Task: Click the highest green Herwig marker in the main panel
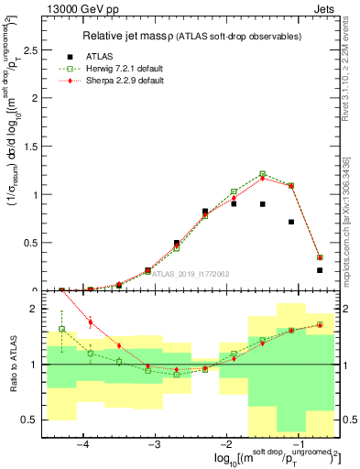coord(263,173)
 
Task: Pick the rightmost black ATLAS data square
coord(320,270)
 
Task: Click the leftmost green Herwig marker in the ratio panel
coord(62,329)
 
